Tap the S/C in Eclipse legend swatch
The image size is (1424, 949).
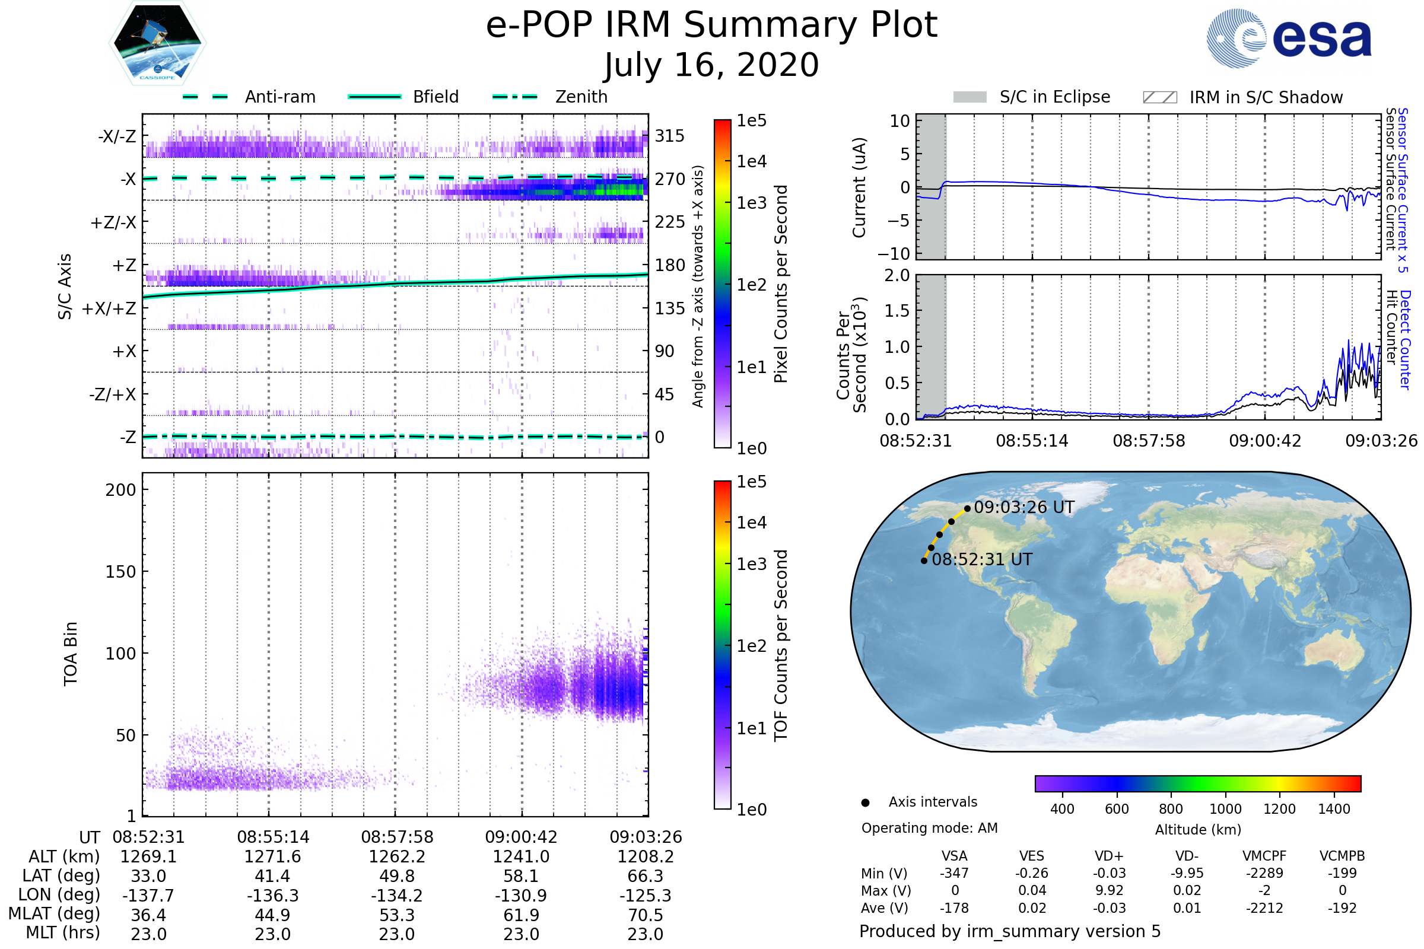tap(970, 97)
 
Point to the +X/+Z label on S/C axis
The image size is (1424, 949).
tap(109, 308)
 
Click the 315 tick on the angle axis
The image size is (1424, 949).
tap(670, 136)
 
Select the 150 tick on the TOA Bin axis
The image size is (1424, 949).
tap(120, 572)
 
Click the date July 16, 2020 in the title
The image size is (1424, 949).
tap(711, 65)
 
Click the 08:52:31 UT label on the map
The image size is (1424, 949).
tap(982, 559)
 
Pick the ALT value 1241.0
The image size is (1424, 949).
tap(521, 856)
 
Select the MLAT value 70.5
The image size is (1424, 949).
tap(646, 915)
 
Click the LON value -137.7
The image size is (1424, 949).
tap(148, 895)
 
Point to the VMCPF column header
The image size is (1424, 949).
tap(1264, 856)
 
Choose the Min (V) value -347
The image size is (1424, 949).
tap(954, 873)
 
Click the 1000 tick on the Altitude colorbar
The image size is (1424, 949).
tap(1225, 809)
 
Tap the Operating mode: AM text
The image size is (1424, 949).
tap(929, 828)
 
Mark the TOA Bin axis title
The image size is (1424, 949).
tap(70, 654)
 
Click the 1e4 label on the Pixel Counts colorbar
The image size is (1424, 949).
tap(751, 161)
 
